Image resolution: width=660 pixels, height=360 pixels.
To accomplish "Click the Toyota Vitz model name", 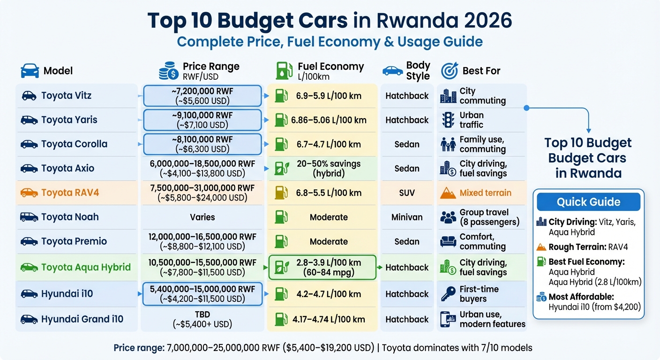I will tap(66, 96).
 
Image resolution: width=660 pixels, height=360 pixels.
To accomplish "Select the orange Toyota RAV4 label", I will tap(70, 193).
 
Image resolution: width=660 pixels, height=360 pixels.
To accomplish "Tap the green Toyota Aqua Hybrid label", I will tap(85, 267).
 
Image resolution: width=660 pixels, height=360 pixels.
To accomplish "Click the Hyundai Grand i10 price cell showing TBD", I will tap(202, 319).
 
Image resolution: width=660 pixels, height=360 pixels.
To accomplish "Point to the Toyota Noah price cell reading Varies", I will tap(202, 217).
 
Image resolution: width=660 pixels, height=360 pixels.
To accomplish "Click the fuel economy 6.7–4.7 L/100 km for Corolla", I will tap(329, 144).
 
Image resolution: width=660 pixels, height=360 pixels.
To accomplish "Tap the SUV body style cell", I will tap(406, 193).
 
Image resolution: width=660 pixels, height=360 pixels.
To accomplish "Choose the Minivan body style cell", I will tap(406, 217).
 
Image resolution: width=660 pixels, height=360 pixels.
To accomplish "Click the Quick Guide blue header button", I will tap(588, 202).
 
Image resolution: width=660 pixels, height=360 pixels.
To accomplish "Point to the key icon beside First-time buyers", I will tap(448, 294).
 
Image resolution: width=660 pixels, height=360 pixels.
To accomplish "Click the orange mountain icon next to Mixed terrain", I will tap(448, 193).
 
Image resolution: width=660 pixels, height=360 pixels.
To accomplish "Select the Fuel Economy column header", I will tap(330, 67).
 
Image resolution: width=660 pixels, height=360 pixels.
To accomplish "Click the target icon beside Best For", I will tap(449, 71).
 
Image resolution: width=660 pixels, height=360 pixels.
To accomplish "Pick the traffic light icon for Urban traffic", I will tap(448, 120).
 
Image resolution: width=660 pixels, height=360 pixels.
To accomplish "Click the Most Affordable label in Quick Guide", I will tap(581, 297).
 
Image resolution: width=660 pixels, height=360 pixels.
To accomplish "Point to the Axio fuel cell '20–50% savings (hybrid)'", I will tap(329, 168).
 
